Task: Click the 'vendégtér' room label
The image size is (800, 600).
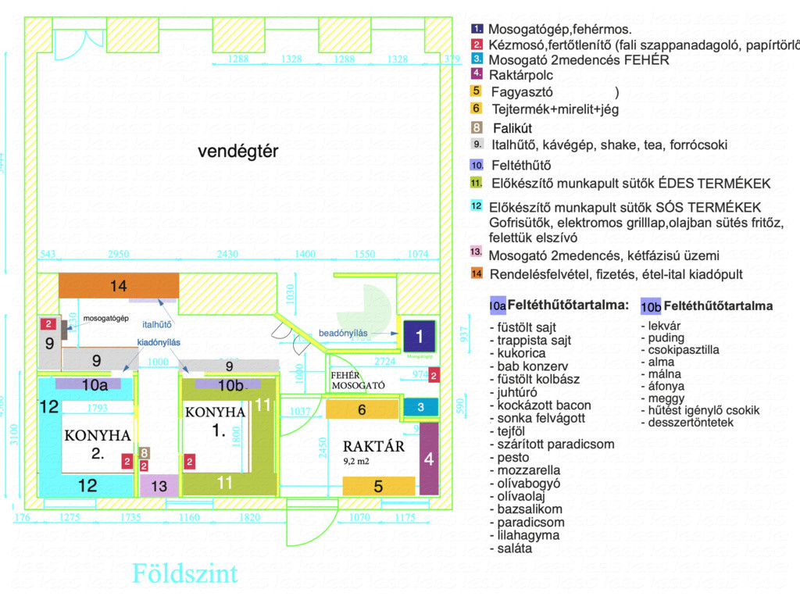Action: [237, 152]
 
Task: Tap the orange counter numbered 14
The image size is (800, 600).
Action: [118, 286]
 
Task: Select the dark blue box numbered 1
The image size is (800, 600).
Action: [419, 337]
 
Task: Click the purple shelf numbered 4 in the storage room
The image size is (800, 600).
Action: [429, 459]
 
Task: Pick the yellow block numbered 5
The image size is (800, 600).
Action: [378, 486]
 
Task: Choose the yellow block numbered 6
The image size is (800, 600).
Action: [362, 409]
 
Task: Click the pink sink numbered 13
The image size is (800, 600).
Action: [159, 486]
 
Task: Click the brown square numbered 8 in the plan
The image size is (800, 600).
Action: [144, 452]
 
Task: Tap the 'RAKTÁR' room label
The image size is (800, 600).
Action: [374, 447]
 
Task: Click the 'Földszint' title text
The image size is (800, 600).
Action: [184, 573]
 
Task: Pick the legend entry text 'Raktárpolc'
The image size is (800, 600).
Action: [520, 76]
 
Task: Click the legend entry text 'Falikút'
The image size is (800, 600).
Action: [512, 127]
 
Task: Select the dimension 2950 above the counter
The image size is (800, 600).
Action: [118, 255]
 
